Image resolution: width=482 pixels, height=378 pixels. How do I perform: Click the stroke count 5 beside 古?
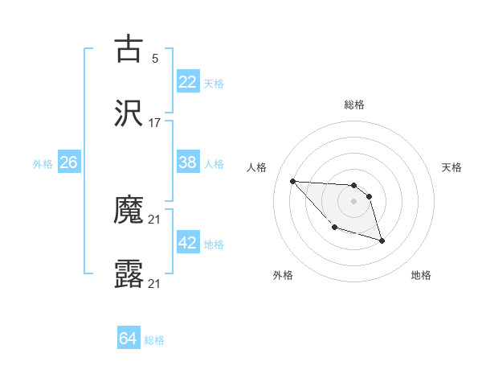pos(155,58)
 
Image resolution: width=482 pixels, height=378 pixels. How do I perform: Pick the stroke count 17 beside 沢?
pos(155,123)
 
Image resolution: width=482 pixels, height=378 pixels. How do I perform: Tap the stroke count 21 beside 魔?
pos(155,220)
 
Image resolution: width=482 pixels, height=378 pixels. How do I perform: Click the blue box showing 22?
pos(188,82)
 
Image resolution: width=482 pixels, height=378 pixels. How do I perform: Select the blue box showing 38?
pos(188,162)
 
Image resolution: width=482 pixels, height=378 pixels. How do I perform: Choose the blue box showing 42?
pos(188,243)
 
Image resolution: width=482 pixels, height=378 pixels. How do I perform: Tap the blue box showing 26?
pos(68,162)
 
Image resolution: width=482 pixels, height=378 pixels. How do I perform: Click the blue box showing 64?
pos(128,339)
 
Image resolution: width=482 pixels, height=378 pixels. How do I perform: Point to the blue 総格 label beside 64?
pos(154,340)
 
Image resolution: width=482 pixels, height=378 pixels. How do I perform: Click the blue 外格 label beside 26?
pos(43,163)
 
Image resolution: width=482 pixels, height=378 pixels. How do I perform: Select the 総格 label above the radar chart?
pos(353,105)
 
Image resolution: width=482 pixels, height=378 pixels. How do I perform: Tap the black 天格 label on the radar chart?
pos(452,167)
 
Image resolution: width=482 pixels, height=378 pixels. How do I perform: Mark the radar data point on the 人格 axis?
pos(293,181)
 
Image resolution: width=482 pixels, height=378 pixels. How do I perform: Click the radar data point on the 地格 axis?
pos(382,240)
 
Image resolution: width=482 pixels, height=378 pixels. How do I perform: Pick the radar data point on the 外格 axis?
pos(335,227)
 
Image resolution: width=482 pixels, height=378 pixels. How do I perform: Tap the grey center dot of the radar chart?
pos(353,201)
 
